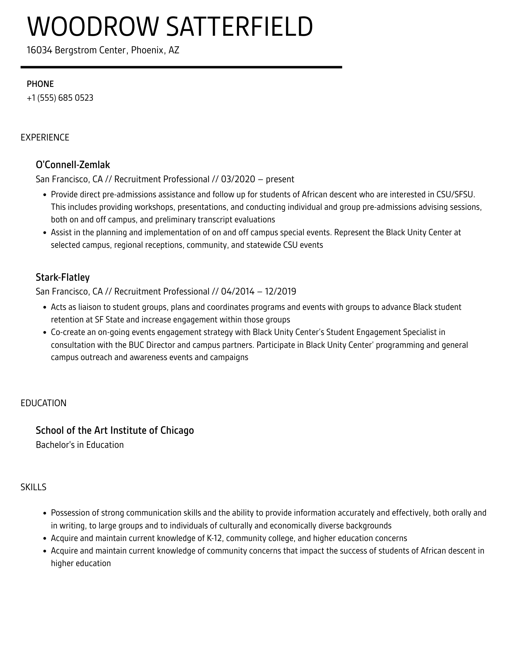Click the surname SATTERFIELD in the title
(239, 27)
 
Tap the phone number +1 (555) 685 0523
(60, 98)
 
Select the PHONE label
(40, 84)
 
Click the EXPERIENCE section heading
(45, 137)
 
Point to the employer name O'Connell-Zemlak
(73, 165)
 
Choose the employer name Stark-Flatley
(63, 277)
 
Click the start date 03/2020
(238, 179)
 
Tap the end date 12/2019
(280, 291)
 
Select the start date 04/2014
(237, 291)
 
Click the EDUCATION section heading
(44, 403)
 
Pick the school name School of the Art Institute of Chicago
(115, 430)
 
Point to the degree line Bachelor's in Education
(80, 445)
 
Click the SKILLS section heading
(34, 487)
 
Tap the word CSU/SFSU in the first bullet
(455, 194)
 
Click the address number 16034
(39, 50)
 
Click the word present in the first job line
(280, 179)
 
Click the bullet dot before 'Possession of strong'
(45, 513)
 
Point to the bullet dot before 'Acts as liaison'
(45, 307)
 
